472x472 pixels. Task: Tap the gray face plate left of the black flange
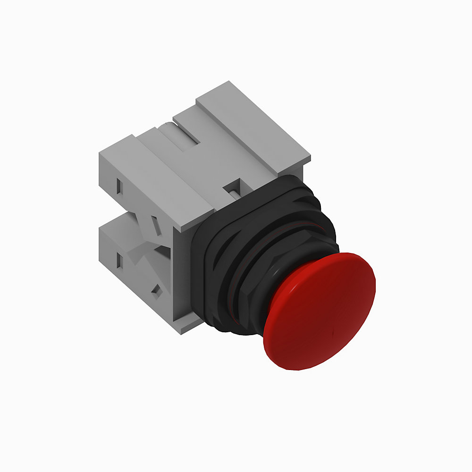(182, 278)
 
